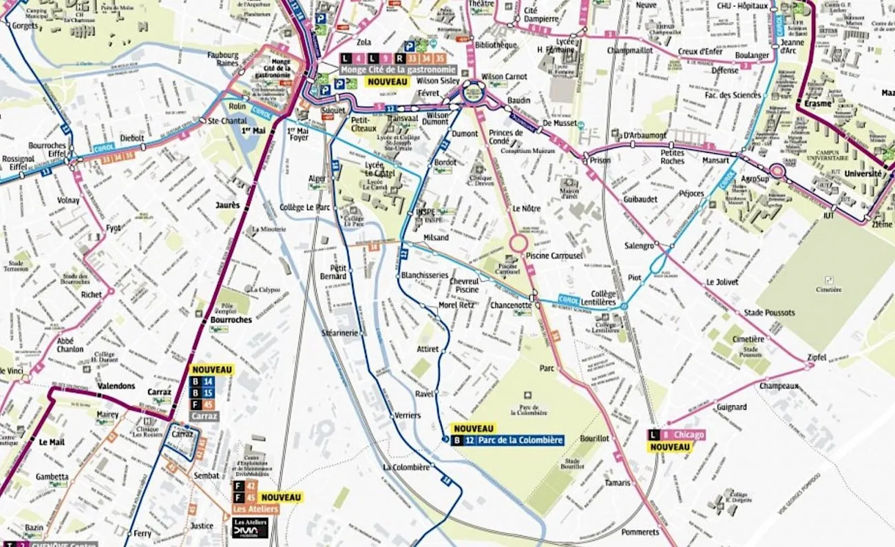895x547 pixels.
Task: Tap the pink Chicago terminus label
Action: pyautogui.click(x=688, y=435)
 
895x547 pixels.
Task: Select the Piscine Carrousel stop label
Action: pyautogui.click(x=554, y=256)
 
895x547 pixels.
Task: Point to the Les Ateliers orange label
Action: pyautogui.click(x=255, y=509)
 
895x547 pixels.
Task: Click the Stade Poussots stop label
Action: pyautogui.click(x=769, y=313)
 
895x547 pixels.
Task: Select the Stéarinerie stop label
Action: pyautogui.click(x=340, y=333)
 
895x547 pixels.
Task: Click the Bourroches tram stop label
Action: pyautogui.click(x=231, y=320)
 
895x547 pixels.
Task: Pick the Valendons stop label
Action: pyautogui.click(x=116, y=386)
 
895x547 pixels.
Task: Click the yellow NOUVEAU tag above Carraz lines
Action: pyautogui.click(x=212, y=370)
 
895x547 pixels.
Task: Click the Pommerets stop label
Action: pyautogui.click(x=640, y=533)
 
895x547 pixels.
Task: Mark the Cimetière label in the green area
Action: pyautogui.click(x=828, y=289)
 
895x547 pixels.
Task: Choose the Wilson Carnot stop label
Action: pyautogui.click(x=505, y=76)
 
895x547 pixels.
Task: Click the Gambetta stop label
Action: pyautogui.click(x=52, y=477)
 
